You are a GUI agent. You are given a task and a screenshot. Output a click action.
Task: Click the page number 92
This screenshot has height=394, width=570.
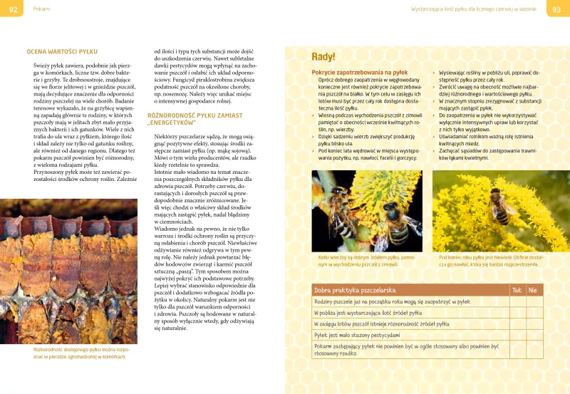click(x=14, y=9)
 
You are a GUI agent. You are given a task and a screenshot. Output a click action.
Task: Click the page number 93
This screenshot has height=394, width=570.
click(x=556, y=9)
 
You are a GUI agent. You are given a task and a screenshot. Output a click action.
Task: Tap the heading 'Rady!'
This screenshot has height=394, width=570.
click(x=324, y=57)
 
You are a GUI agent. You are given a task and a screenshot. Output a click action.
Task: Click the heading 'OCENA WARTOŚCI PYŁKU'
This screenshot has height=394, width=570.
click(x=61, y=52)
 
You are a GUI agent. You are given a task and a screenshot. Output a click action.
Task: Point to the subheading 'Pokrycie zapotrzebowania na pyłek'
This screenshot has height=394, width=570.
click(x=360, y=73)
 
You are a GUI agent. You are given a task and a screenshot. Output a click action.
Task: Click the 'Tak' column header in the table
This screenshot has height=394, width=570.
click(x=517, y=290)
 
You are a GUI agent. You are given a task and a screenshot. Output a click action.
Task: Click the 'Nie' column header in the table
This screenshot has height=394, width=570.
click(x=532, y=290)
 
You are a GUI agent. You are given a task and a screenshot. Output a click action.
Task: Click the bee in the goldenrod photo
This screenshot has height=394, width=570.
click(x=504, y=204)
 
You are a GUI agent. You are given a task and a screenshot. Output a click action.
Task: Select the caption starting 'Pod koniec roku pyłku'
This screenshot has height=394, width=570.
click(x=492, y=260)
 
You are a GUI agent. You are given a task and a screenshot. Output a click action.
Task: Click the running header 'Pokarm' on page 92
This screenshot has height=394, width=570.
click(x=41, y=9)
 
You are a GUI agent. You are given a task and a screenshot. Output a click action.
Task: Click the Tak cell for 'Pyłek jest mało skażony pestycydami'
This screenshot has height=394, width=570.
click(x=517, y=334)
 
